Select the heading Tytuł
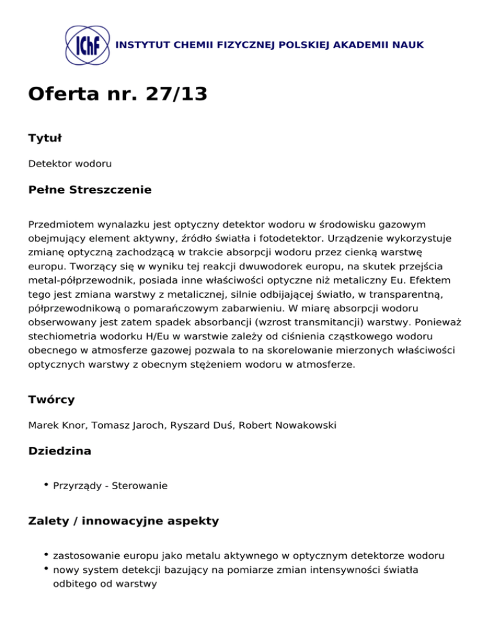[x=44, y=138]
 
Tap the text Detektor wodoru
[x=70, y=164]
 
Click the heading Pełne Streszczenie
[x=90, y=190]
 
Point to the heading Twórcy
[x=51, y=399]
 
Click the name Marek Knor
[x=54, y=426]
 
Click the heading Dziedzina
[x=60, y=451]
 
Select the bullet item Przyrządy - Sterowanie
[x=111, y=486]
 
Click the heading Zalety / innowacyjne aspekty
[x=123, y=521]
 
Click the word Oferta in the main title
[x=63, y=94]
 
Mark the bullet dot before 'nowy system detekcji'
[x=47, y=568]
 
